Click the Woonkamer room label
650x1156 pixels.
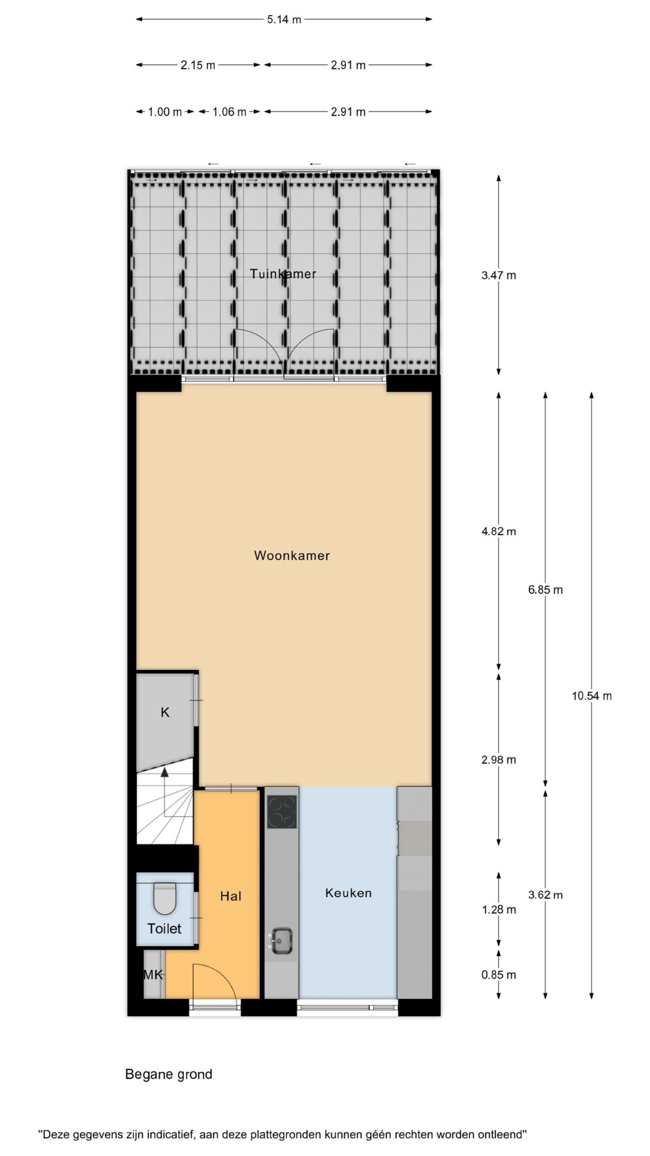click(292, 555)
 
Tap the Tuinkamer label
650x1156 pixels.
click(283, 274)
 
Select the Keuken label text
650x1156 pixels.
click(348, 893)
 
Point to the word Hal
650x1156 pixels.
click(231, 896)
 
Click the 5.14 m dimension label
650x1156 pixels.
click(284, 19)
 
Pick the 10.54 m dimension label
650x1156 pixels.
click(592, 696)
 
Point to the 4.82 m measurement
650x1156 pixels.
click(499, 531)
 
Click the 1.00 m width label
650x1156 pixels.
click(165, 112)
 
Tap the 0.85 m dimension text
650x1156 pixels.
click(499, 974)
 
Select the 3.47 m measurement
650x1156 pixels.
click(499, 275)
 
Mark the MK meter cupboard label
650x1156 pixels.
click(153, 975)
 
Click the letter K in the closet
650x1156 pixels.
click(165, 713)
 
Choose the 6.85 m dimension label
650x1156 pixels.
click(545, 590)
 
